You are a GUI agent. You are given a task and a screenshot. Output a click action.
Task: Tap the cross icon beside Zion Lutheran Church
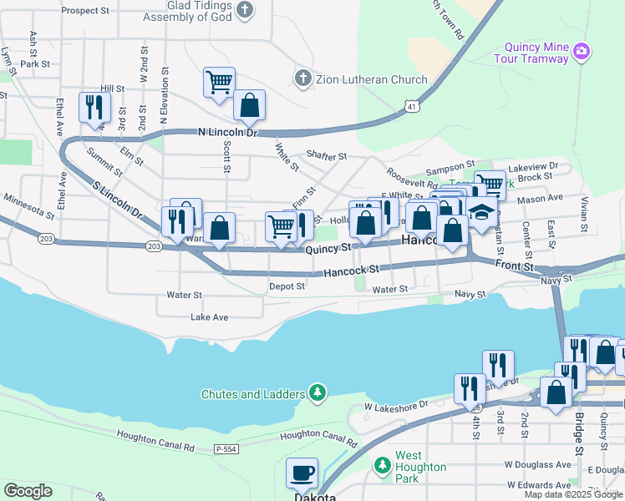click(302, 79)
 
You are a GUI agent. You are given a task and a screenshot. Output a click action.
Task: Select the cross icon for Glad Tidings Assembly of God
click(244, 10)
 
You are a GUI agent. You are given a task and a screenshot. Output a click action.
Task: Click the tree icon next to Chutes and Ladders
click(317, 392)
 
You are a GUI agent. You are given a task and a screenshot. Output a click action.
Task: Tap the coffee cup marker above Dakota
click(302, 473)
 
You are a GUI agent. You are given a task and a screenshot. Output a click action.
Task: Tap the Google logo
click(28, 491)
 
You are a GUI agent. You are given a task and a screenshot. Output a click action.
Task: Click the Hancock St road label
click(352, 270)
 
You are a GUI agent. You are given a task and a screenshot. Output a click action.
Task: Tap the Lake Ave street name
click(209, 317)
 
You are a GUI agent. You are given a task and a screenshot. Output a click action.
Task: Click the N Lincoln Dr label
click(227, 133)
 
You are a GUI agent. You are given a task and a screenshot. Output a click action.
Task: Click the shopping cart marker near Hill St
click(219, 83)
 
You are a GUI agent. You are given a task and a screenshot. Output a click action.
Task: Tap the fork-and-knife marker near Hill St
click(94, 107)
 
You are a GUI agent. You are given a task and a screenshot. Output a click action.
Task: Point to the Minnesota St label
click(28, 203)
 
